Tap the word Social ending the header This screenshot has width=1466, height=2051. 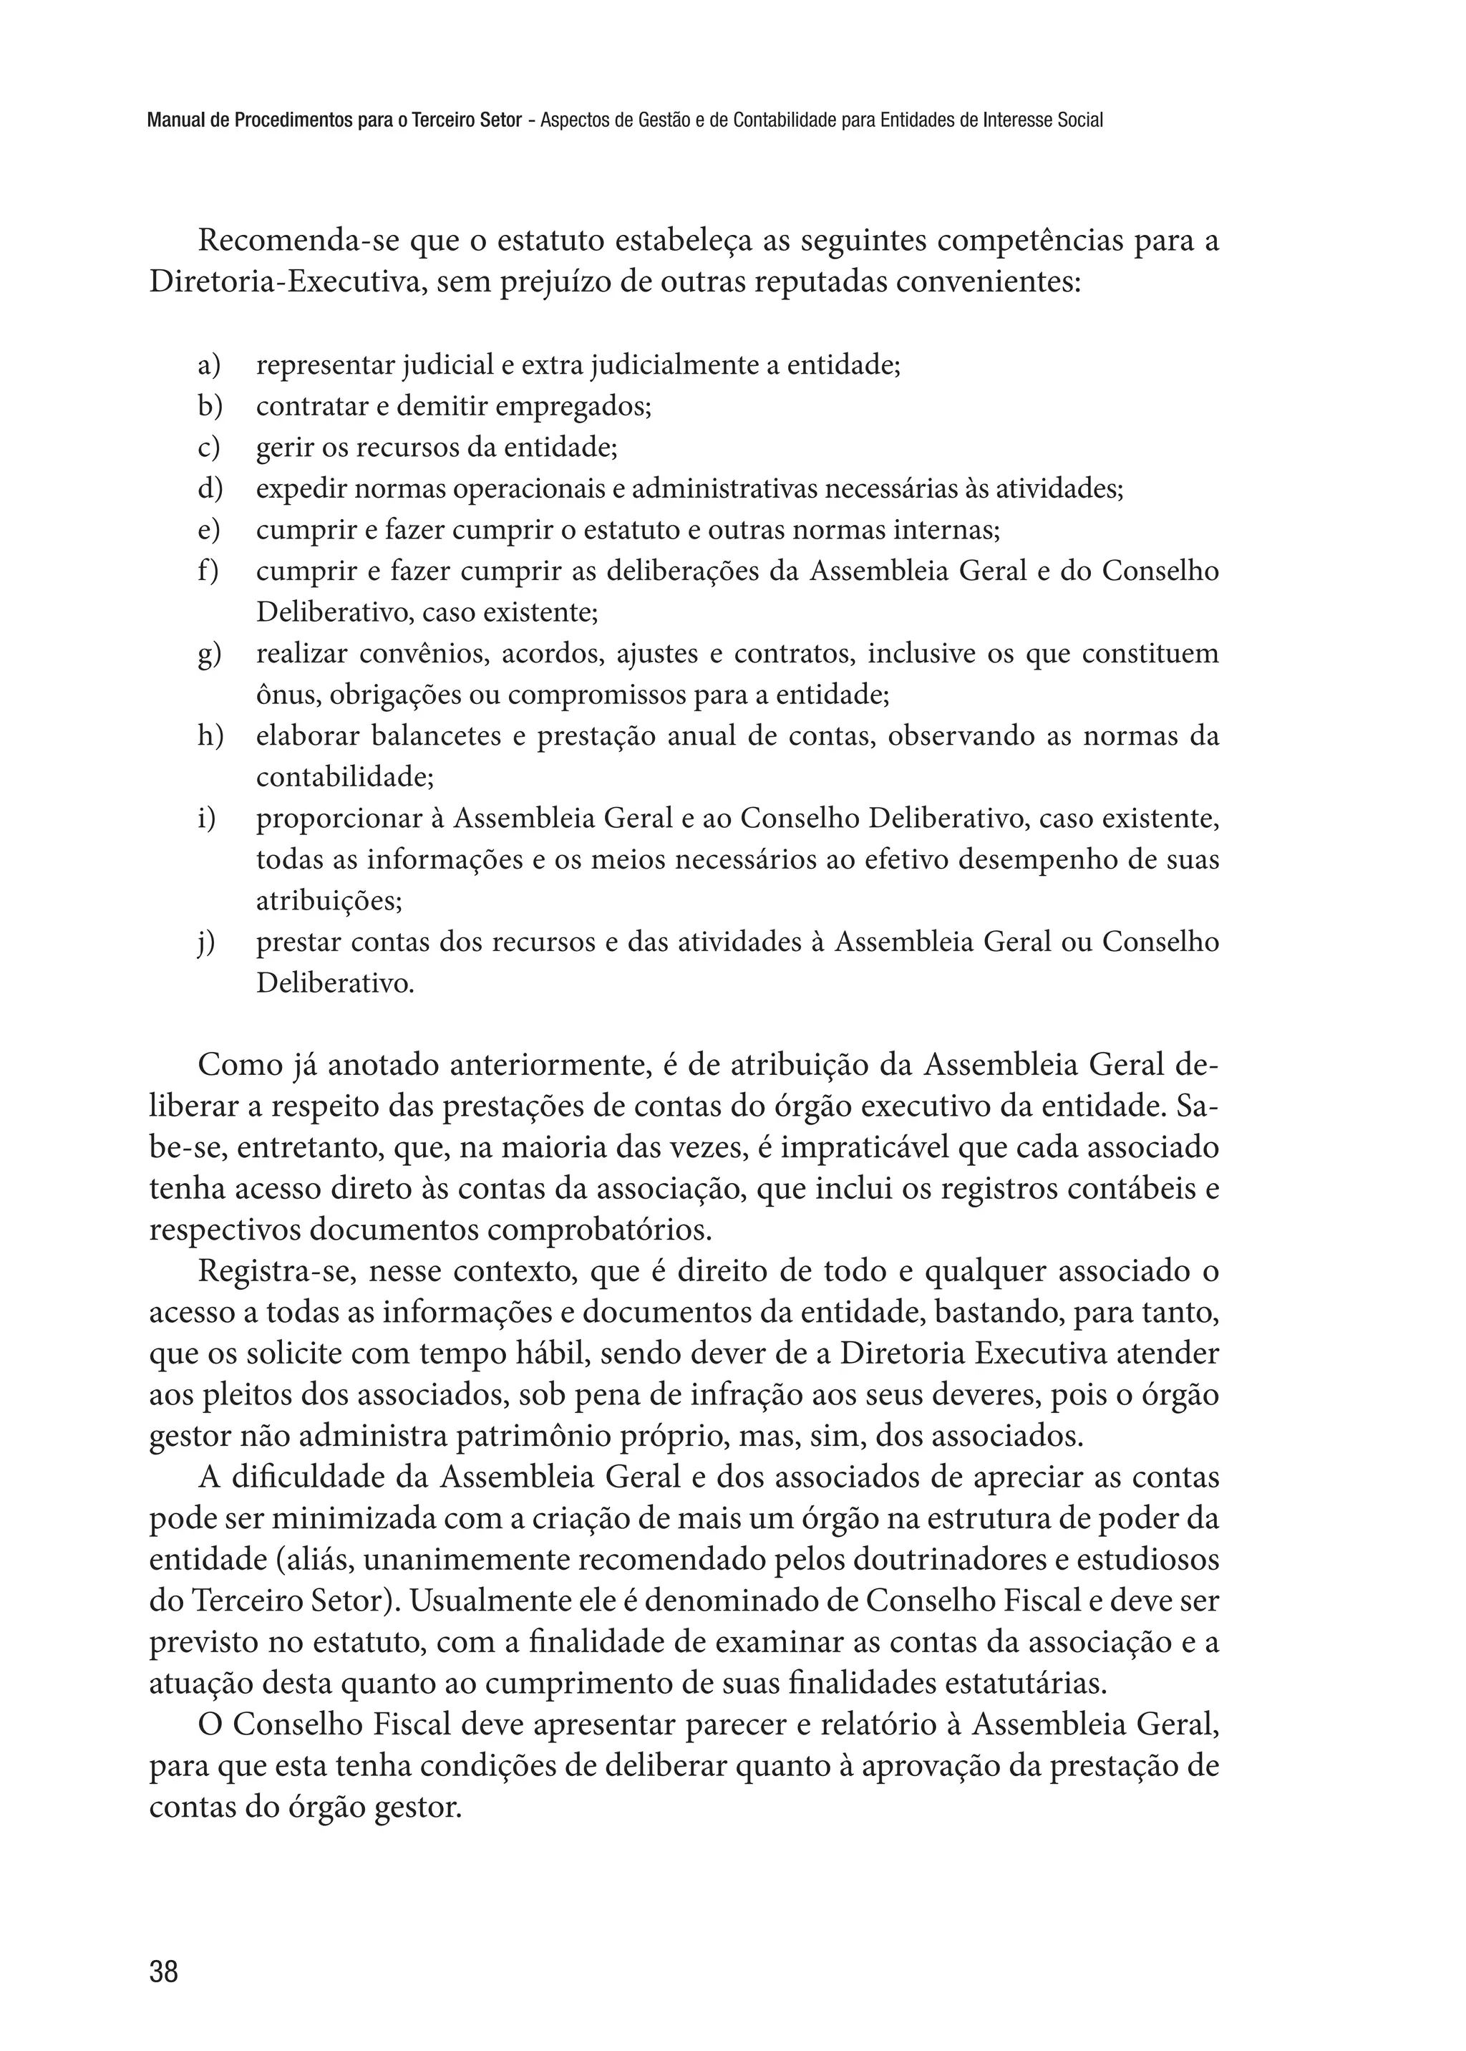[x=1079, y=120]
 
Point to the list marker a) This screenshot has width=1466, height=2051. [x=208, y=366]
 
